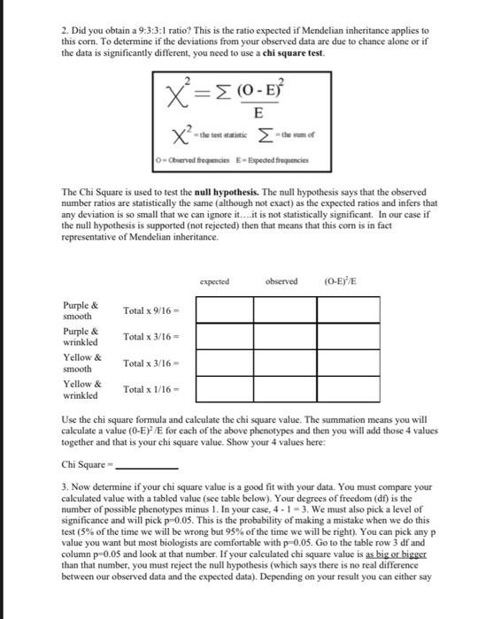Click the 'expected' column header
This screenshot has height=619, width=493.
(x=214, y=282)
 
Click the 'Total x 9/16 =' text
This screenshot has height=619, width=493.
(x=153, y=311)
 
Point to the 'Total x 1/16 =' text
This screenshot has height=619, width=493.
(x=153, y=389)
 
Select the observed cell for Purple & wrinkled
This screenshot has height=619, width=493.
(x=285, y=337)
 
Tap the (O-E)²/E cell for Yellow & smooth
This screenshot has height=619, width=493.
(x=348, y=363)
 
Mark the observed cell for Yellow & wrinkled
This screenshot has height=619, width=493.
(x=285, y=389)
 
